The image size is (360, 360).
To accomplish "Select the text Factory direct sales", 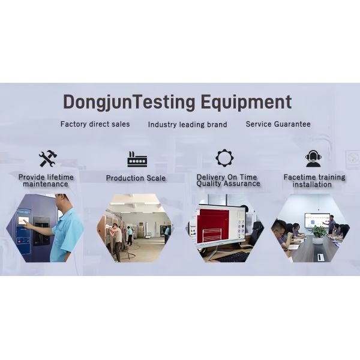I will (x=94, y=124).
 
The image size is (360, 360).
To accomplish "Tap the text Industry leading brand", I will (x=187, y=125).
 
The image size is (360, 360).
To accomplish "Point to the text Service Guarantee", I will (x=278, y=124).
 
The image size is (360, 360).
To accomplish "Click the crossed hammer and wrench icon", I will (x=47, y=158).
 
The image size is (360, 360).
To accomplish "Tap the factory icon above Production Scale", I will (x=137, y=159).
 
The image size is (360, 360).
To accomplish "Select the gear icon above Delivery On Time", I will (x=224, y=158).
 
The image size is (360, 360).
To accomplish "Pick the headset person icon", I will (x=313, y=158).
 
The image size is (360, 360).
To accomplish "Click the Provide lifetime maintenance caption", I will (x=46, y=181).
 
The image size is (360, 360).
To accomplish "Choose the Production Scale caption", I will (x=136, y=178).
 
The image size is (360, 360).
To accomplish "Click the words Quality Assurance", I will (x=228, y=184).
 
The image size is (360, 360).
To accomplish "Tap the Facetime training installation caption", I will (x=314, y=181).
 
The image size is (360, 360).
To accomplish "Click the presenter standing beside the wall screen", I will (x=331, y=223).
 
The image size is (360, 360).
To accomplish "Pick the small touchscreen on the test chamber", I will (x=23, y=221).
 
